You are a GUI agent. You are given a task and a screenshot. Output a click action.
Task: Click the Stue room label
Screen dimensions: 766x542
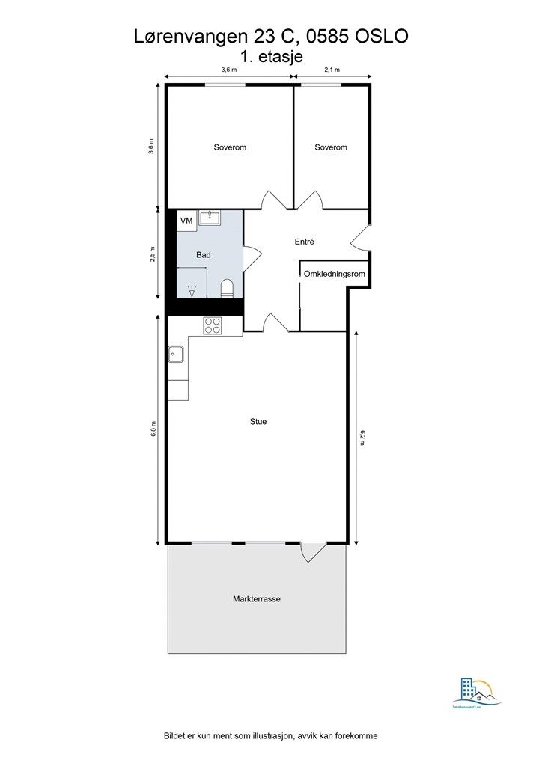click(x=258, y=422)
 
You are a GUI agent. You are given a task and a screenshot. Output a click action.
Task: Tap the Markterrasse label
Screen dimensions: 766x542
click(x=256, y=599)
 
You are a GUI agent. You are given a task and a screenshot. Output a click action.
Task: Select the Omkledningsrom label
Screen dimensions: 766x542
click(x=334, y=275)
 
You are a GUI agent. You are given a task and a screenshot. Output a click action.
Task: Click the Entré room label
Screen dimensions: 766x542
click(x=304, y=242)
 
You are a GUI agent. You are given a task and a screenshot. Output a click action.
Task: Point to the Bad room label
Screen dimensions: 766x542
click(x=203, y=255)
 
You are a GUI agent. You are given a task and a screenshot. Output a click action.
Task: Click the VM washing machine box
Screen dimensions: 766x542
click(x=186, y=221)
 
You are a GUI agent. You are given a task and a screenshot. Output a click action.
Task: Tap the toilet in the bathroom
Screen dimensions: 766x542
click(x=228, y=287)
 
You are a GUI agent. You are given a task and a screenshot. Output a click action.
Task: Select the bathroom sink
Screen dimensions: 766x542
click(x=210, y=218)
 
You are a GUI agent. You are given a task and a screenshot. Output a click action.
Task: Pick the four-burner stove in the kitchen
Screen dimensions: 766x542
click(x=213, y=325)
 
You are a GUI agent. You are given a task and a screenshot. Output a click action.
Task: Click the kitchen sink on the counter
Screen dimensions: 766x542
click(x=177, y=353)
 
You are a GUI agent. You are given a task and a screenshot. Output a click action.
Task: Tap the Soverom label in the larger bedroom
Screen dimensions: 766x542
click(x=230, y=147)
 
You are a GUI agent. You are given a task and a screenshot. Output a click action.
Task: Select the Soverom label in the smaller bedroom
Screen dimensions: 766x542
click(x=331, y=147)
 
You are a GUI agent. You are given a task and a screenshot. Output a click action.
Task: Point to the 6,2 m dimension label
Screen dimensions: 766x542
click(x=362, y=437)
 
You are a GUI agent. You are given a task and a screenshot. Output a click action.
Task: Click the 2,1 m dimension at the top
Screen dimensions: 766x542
click(x=332, y=70)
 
